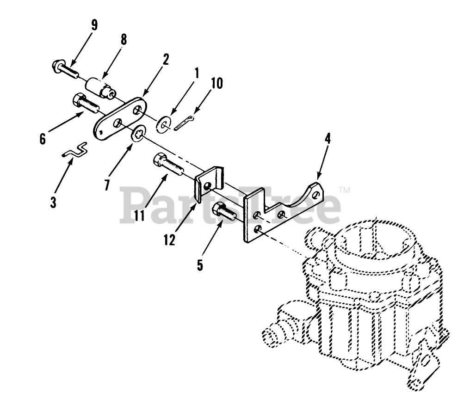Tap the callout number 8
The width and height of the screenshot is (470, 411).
[124, 40]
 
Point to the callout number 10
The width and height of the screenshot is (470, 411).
[216, 84]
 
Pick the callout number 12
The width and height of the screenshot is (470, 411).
[169, 240]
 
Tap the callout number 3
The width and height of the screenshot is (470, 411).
[54, 202]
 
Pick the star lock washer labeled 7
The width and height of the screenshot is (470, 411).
[138, 135]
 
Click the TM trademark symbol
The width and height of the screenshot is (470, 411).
[344, 190]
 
